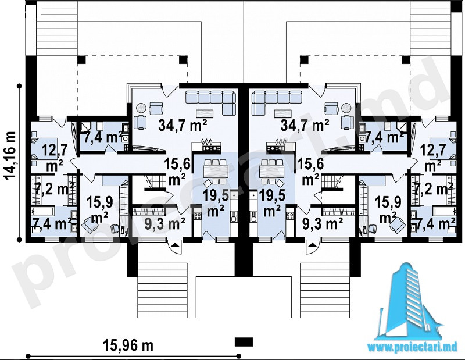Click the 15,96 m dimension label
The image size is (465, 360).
click(x=128, y=345)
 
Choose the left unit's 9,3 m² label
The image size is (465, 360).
click(x=164, y=223)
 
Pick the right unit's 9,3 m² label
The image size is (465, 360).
click(x=323, y=223)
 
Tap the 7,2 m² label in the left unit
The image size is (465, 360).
click(x=53, y=190)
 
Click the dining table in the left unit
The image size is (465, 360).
click(x=214, y=171)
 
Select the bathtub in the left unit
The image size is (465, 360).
click(x=43, y=212)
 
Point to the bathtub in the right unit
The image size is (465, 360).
click(x=444, y=212)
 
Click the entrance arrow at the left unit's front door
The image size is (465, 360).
click(x=176, y=245)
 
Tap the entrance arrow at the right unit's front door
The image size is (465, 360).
click(x=312, y=245)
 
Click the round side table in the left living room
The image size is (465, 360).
click(x=141, y=108)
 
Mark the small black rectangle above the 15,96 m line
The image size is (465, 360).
click(x=244, y=341)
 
